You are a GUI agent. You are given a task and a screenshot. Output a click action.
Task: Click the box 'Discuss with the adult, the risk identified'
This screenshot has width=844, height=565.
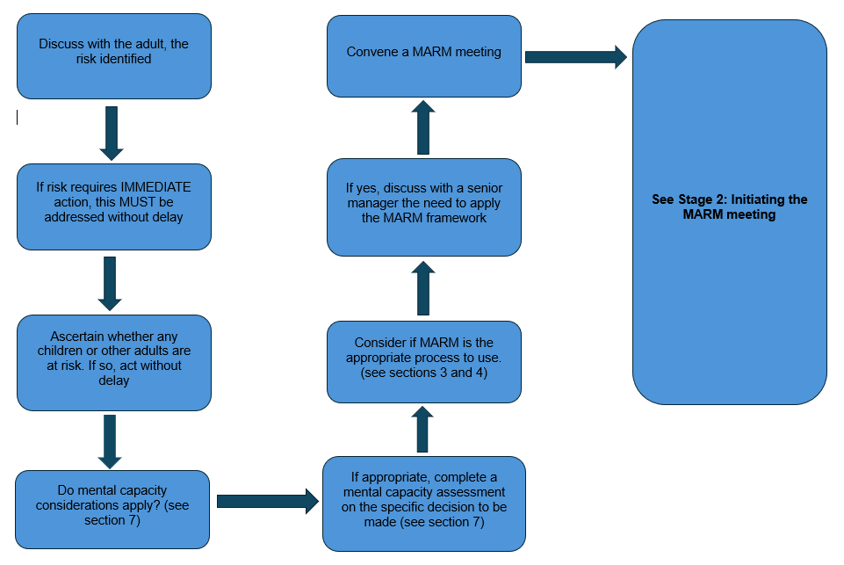pyautogui.click(x=113, y=54)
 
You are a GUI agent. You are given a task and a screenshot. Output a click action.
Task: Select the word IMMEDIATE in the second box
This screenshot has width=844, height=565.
pyautogui.click(x=155, y=188)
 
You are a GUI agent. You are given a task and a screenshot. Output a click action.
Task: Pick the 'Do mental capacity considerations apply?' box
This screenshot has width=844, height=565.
pyautogui.click(x=112, y=509)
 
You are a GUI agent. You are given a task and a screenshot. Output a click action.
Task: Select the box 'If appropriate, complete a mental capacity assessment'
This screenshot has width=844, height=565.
pyautogui.click(x=423, y=503)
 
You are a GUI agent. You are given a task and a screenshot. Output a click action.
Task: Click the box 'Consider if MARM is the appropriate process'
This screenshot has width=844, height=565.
pyautogui.click(x=423, y=361)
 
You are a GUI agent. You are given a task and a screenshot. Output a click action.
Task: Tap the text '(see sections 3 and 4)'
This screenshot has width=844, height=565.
pyautogui.click(x=423, y=373)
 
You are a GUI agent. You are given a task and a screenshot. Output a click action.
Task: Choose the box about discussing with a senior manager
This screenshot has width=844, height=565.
pyautogui.click(x=423, y=206)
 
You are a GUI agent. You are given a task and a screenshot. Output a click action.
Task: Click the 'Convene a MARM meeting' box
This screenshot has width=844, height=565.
pyautogui.click(x=423, y=54)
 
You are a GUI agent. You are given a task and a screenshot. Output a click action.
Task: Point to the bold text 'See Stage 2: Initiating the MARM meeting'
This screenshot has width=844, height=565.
pyautogui.click(x=729, y=207)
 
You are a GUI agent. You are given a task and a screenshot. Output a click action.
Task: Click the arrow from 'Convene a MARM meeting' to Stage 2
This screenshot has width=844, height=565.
pyautogui.click(x=575, y=57)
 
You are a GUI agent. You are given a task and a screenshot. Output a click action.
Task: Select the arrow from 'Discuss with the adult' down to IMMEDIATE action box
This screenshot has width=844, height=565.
pyautogui.click(x=112, y=132)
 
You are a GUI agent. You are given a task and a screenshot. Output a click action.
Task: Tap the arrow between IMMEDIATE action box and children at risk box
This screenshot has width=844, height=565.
pyautogui.click(x=111, y=283)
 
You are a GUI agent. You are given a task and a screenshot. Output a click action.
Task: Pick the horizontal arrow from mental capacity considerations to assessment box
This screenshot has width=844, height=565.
pyautogui.click(x=266, y=502)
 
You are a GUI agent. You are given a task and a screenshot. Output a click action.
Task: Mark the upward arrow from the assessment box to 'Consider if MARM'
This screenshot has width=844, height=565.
pyautogui.click(x=423, y=430)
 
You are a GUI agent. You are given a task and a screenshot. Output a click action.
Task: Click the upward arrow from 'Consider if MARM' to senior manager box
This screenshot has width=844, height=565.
pyautogui.click(x=423, y=288)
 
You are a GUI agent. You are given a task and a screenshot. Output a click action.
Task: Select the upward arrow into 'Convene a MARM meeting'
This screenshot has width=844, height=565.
pyautogui.click(x=423, y=127)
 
